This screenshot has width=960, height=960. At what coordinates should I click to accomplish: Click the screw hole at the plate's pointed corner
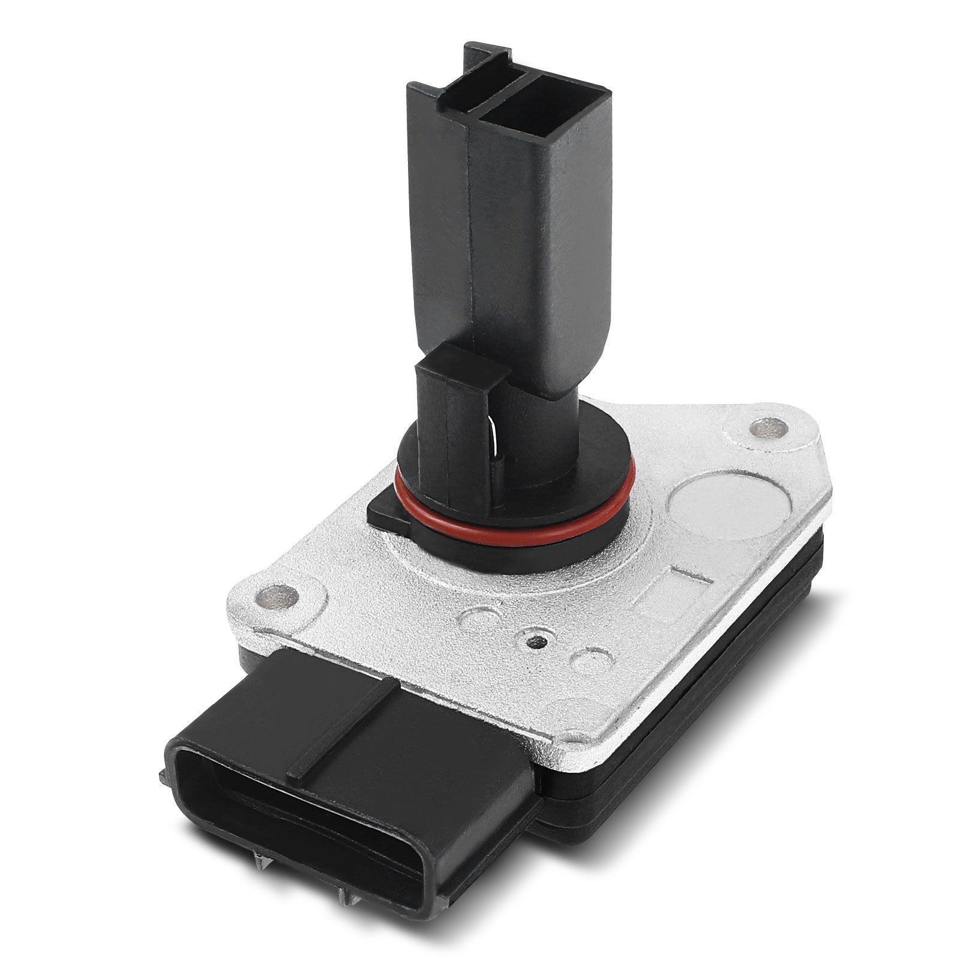[x=769, y=428]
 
